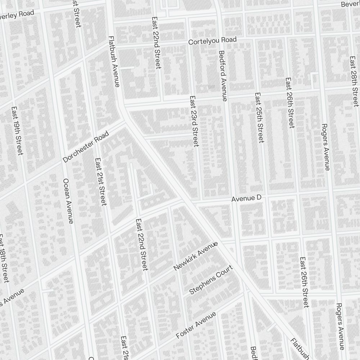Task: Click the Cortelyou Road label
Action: click(212, 41)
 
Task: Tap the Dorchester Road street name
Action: click(86, 147)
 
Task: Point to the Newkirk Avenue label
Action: click(195, 256)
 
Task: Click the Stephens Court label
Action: click(211, 280)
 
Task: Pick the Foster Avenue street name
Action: click(196, 325)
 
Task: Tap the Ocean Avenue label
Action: click(68, 201)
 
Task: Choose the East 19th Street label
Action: click(17, 131)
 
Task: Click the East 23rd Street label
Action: click(194, 121)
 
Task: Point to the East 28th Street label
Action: click(355, 81)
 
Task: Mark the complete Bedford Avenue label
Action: click(223, 76)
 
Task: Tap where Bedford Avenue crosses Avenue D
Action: click(234, 199)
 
